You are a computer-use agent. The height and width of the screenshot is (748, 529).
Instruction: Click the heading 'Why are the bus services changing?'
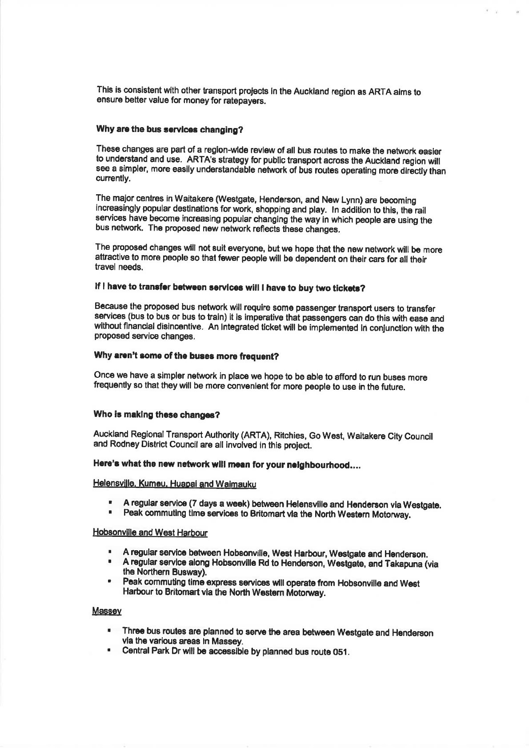169,131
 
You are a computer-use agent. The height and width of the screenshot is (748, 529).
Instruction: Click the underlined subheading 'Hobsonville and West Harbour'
150,532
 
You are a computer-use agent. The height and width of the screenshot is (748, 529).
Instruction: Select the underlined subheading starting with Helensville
174,484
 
